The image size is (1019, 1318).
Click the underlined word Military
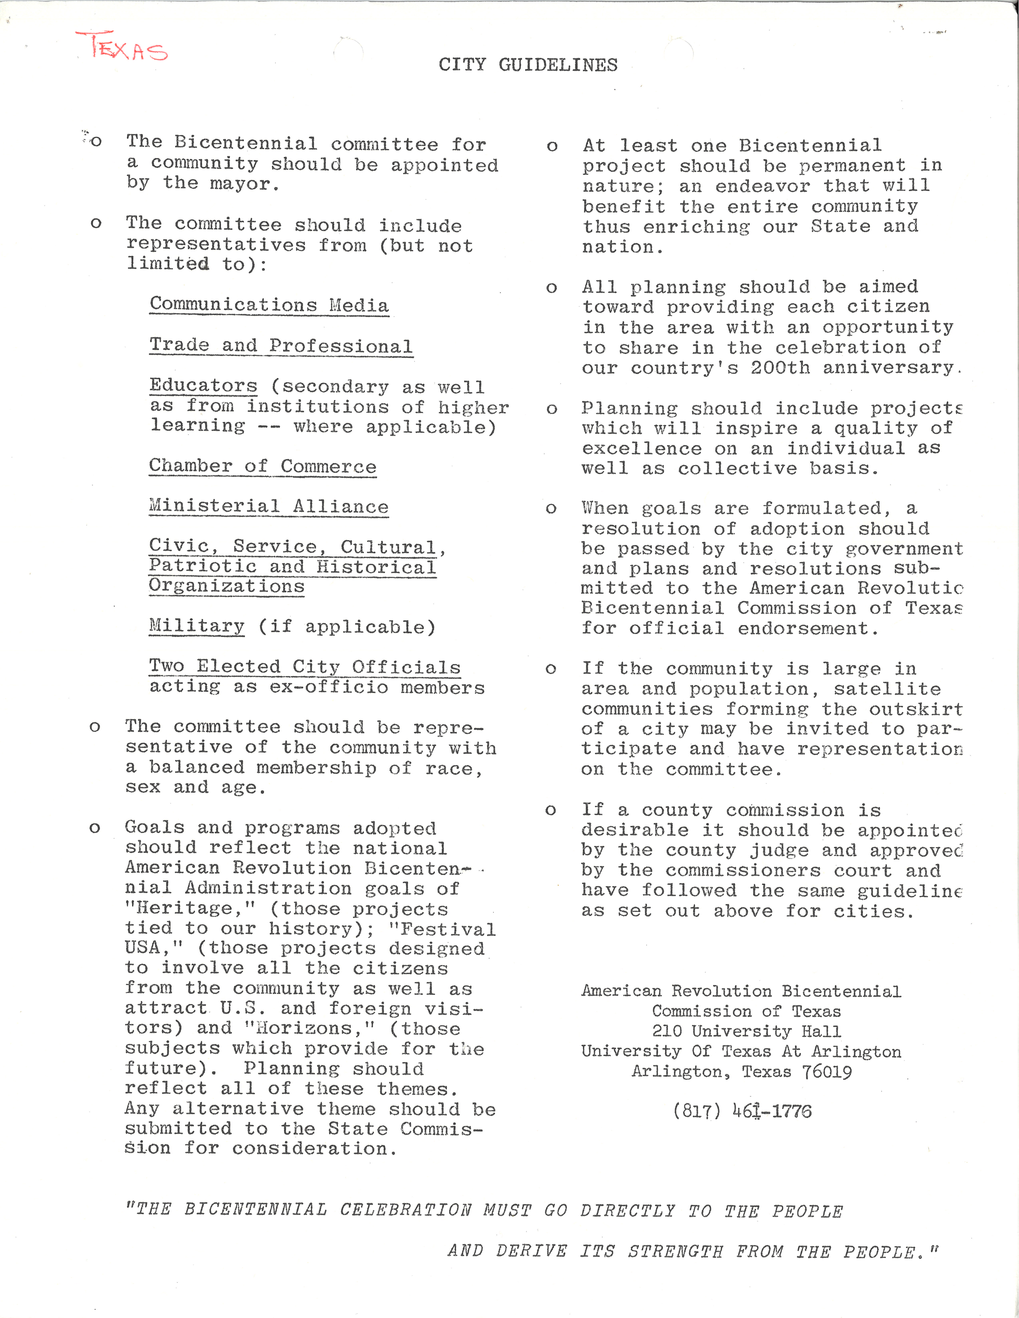pyautogui.click(x=197, y=626)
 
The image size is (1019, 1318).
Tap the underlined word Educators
pyautogui.click(x=203, y=385)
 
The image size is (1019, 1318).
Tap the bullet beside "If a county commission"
pyautogui.click(x=550, y=811)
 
